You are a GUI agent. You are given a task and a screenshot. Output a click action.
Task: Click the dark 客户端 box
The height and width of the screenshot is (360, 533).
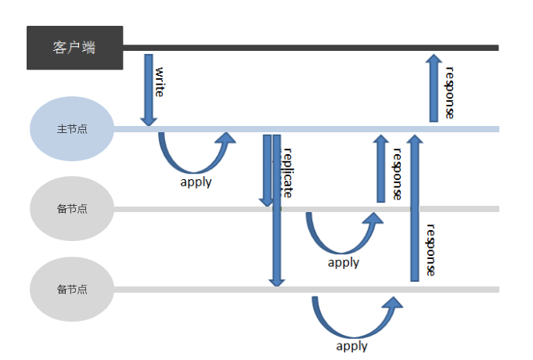click(74, 48)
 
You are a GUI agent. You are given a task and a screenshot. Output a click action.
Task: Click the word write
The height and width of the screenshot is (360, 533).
click(159, 81)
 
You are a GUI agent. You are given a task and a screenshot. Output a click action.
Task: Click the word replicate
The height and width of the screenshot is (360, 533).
click(286, 172)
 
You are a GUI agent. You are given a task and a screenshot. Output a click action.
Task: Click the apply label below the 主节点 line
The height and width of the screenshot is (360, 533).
click(196, 182)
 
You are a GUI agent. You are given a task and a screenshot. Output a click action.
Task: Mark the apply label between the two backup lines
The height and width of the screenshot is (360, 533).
click(344, 262)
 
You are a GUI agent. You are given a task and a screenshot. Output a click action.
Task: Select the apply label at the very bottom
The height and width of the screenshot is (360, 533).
click(351, 345)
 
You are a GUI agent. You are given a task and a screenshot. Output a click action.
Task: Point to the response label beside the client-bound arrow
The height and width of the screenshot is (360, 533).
click(449, 92)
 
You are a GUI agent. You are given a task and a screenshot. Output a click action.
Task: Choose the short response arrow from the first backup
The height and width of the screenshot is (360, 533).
click(381, 169)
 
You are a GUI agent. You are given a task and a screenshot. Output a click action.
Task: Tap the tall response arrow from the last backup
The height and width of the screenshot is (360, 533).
click(415, 207)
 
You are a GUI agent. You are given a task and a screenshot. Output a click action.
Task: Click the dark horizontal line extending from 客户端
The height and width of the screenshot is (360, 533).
click(313, 48)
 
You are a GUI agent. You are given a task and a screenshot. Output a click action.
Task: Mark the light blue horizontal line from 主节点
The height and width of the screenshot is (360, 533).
click(329, 128)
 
